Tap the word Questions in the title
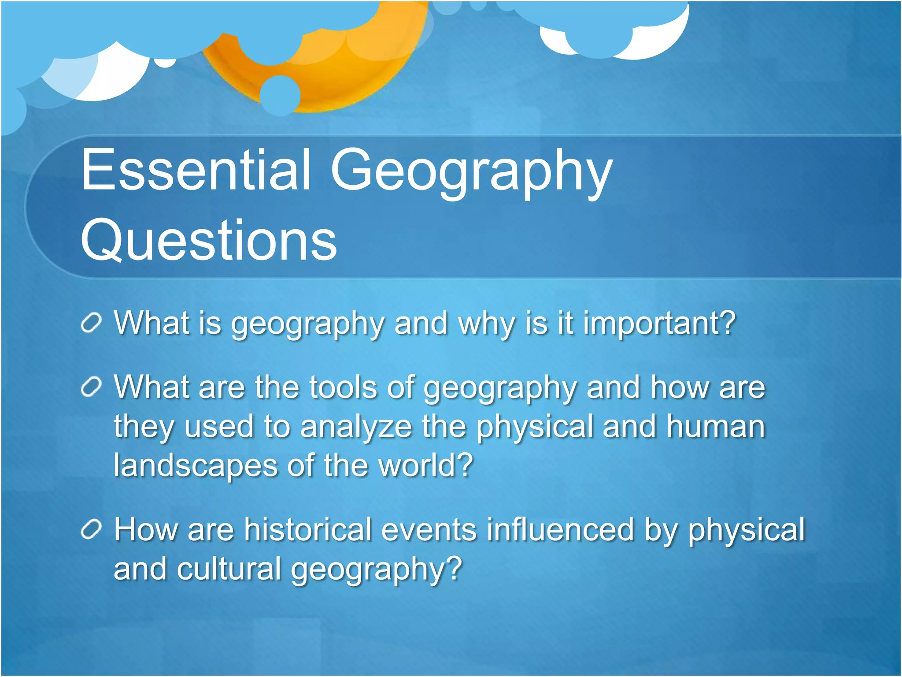point(209,241)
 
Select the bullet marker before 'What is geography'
point(92,324)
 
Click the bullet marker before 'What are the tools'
point(92,388)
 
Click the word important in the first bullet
point(659,324)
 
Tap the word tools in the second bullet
point(343,388)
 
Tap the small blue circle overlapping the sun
point(280,95)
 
